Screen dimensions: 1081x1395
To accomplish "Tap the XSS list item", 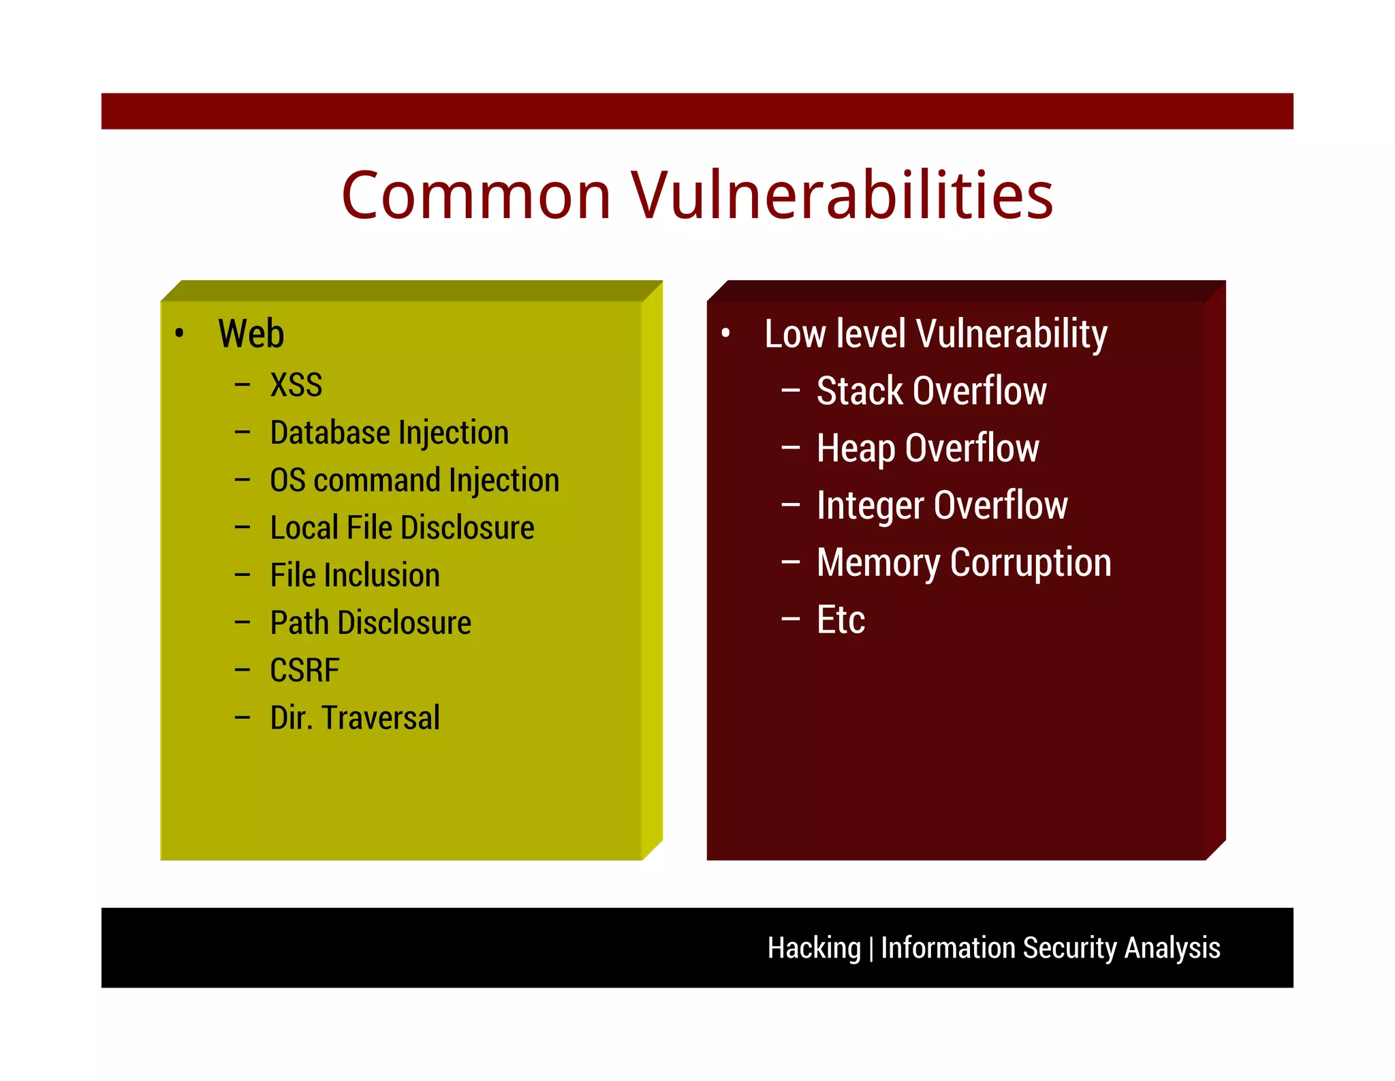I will [x=296, y=385].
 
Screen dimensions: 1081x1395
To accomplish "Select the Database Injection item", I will [x=389, y=433].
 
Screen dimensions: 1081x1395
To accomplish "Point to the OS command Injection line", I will [x=414, y=481].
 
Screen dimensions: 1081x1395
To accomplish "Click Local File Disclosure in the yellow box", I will [x=402, y=528].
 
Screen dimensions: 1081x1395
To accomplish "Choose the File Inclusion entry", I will [x=355, y=575].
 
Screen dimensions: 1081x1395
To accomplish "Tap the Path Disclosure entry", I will [x=371, y=623].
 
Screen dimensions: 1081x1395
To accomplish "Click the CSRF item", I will [x=304, y=671].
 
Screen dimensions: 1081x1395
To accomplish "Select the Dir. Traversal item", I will [x=355, y=718].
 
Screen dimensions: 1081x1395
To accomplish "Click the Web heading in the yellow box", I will [x=251, y=334].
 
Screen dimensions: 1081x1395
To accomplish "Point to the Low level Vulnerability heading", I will [x=935, y=334].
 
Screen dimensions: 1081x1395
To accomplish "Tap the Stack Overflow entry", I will [x=931, y=391].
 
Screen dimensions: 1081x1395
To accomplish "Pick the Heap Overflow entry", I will [x=927, y=448].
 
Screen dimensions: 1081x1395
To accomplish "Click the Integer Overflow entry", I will [x=941, y=506].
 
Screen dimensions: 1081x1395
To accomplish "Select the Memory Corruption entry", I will [x=963, y=563].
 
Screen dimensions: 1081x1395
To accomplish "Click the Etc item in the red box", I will [x=841, y=620].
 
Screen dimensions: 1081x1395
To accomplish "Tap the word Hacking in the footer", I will [x=814, y=948].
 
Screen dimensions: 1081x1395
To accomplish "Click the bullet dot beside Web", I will [x=179, y=333].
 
